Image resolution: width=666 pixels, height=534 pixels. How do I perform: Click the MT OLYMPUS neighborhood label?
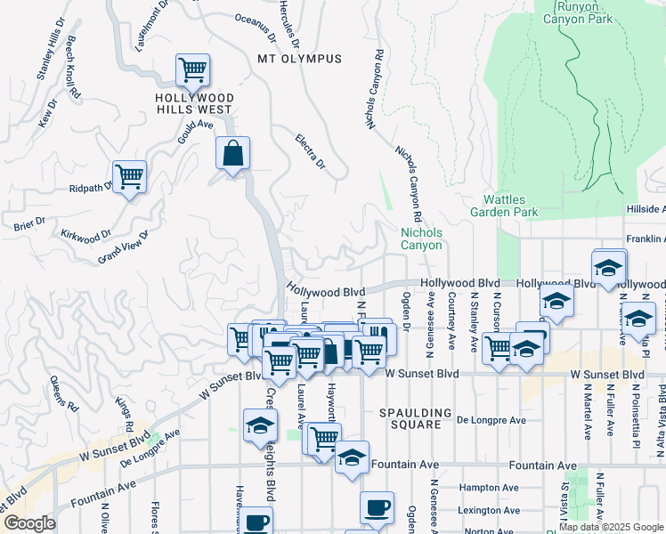point(299,59)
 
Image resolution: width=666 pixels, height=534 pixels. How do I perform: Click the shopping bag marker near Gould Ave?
point(232,154)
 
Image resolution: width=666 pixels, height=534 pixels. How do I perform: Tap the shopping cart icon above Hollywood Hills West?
point(192,69)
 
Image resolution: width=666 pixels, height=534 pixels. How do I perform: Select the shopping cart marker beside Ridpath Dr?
point(129,176)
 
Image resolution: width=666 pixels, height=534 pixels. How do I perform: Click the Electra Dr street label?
point(311,150)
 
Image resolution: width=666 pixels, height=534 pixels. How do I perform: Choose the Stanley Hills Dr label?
point(52,50)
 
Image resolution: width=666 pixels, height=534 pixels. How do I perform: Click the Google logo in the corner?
point(28,523)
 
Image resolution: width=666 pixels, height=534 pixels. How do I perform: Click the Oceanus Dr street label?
point(256,27)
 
